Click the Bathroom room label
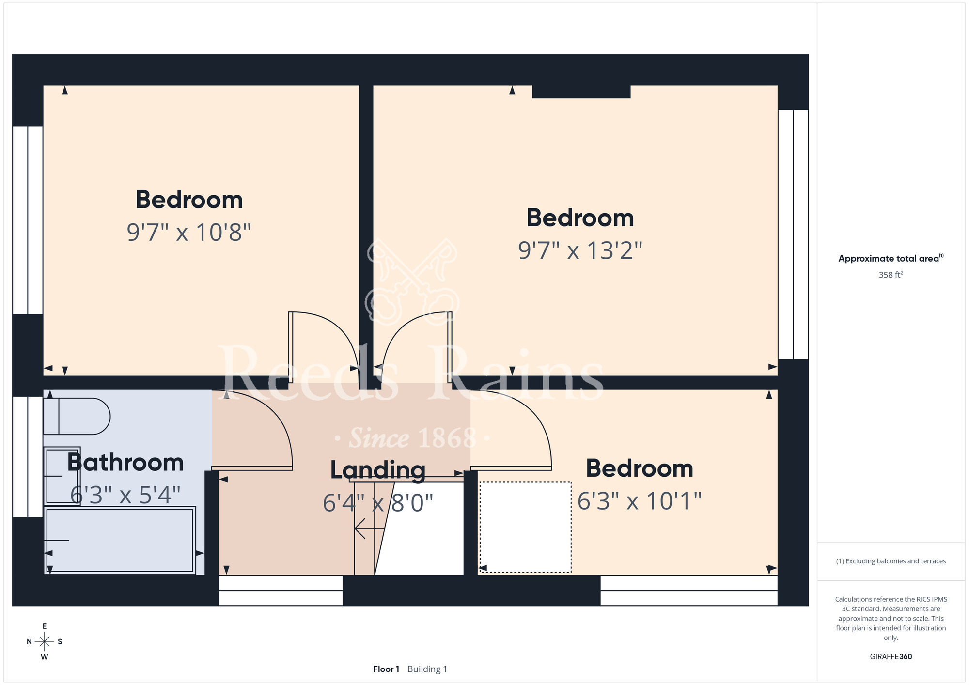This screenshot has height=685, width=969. pos(125,463)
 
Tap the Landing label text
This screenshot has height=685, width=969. pos(378,470)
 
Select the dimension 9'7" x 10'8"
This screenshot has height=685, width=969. pos(189,232)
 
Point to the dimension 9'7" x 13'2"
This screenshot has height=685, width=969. pos(580,250)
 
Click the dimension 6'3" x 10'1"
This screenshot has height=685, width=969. pos(640,501)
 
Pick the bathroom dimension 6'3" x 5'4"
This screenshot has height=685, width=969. pos(125,495)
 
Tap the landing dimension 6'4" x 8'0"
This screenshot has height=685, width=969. pos(378,503)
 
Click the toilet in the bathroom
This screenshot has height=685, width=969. pos(77,416)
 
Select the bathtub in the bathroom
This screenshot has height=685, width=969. pos(120,540)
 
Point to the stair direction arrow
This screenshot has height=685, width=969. pos(370,529)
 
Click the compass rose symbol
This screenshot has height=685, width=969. pos(45,642)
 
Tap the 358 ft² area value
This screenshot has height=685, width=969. pos(891,275)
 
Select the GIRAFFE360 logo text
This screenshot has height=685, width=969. pos(891,657)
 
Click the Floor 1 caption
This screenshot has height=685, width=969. pos(386,669)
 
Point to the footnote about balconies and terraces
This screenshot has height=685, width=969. pos(891,561)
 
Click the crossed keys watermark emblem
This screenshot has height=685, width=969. pos(412,281)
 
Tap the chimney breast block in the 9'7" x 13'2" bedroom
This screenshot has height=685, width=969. pos(581,92)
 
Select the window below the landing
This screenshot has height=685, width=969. pos(281,591)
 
